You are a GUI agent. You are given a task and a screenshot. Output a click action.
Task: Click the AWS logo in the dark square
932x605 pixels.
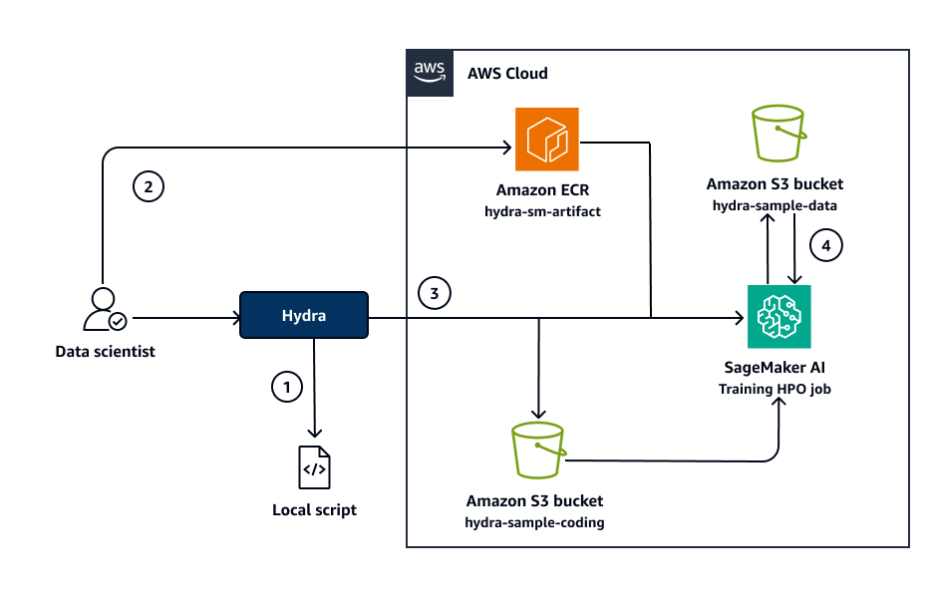[430, 73]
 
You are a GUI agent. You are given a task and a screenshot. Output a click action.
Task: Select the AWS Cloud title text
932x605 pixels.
[507, 74]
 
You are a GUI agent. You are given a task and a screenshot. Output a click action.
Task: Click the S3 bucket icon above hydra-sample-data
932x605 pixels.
[777, 136]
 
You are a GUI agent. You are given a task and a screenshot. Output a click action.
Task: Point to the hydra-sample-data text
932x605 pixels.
[775, 204]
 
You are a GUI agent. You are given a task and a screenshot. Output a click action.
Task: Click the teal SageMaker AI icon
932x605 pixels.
[778, 317]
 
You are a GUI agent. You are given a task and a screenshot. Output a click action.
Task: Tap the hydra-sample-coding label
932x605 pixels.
[534, 522]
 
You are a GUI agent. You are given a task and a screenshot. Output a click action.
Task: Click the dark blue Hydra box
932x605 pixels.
[304, 315]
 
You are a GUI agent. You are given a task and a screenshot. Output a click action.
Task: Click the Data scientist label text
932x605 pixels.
[106, 352]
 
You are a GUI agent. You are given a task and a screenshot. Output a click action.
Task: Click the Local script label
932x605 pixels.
[314, 510]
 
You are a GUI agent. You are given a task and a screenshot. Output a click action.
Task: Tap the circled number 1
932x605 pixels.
[286, 387]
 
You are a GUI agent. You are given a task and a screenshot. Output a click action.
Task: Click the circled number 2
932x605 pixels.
[148, 185]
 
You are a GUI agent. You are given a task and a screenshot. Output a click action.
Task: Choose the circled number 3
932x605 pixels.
[434, 293]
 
